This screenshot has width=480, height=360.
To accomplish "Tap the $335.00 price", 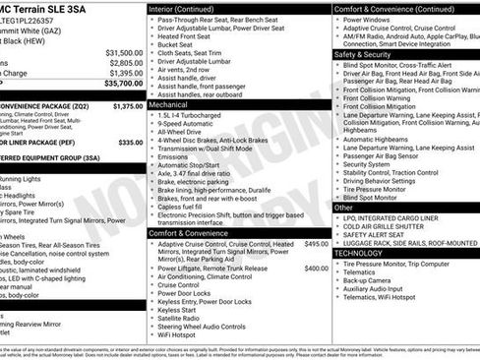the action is click(129, 142).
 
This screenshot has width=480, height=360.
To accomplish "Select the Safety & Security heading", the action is click(364, 55).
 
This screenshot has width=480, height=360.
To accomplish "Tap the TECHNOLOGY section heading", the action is click(358, 253).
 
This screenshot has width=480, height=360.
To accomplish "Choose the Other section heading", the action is click(343, 208).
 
